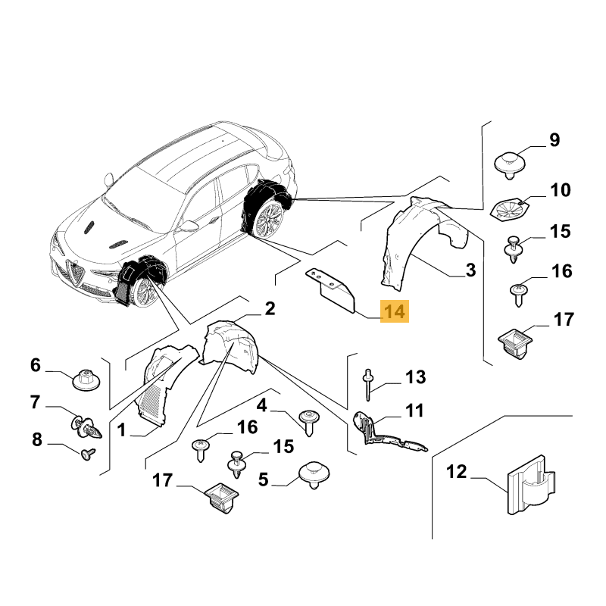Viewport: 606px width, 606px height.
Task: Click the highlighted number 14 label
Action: [394, 311]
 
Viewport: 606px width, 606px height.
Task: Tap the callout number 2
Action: [270, 308]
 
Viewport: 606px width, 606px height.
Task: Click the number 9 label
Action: [554, 140]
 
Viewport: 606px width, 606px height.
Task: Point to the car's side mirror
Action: [188, 225]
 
